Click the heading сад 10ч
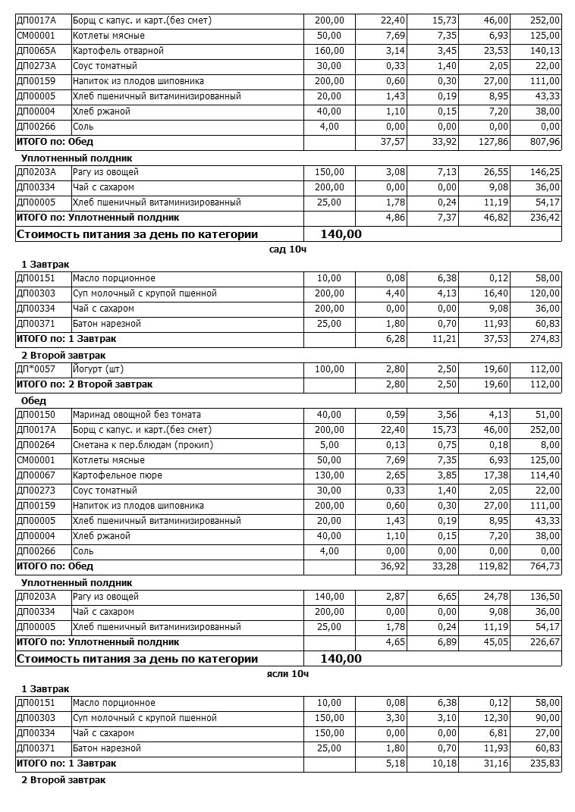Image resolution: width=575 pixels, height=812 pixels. pyautogui.click(x=287, y=249)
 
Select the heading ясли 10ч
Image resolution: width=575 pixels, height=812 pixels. pyautogui.click(x=288, y=673)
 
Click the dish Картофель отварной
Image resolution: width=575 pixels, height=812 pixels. pyautogui.click(x=118, y=51)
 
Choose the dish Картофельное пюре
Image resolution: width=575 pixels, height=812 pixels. pyautogui.click(x=117, y=475)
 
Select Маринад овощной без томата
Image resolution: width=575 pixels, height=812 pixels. pyautogui.click(x=137, y=415)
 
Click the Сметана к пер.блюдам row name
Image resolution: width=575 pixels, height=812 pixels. pyautogui.click(x=143, y=445)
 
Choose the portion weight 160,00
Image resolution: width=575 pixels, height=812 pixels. pyautogui.click(x=329, y=51)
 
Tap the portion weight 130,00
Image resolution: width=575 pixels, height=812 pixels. pyautogui.click(x=329, y=475)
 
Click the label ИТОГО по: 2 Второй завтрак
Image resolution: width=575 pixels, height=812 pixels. pyautogui.click(x=84, y=384)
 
